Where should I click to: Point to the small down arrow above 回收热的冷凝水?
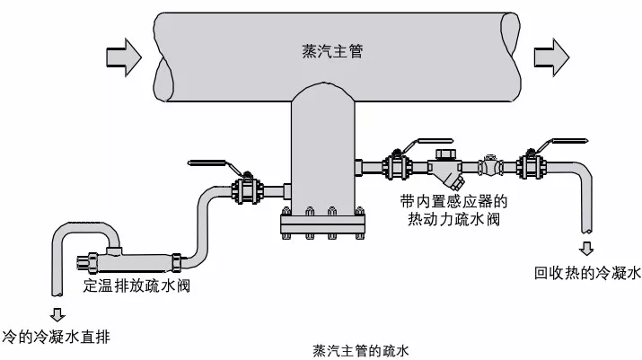coord(586,248)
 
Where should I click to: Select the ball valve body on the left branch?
coord(247,190)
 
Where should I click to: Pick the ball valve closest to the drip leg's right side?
coord(393,166)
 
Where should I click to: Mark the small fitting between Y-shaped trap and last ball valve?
coord(489,166)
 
